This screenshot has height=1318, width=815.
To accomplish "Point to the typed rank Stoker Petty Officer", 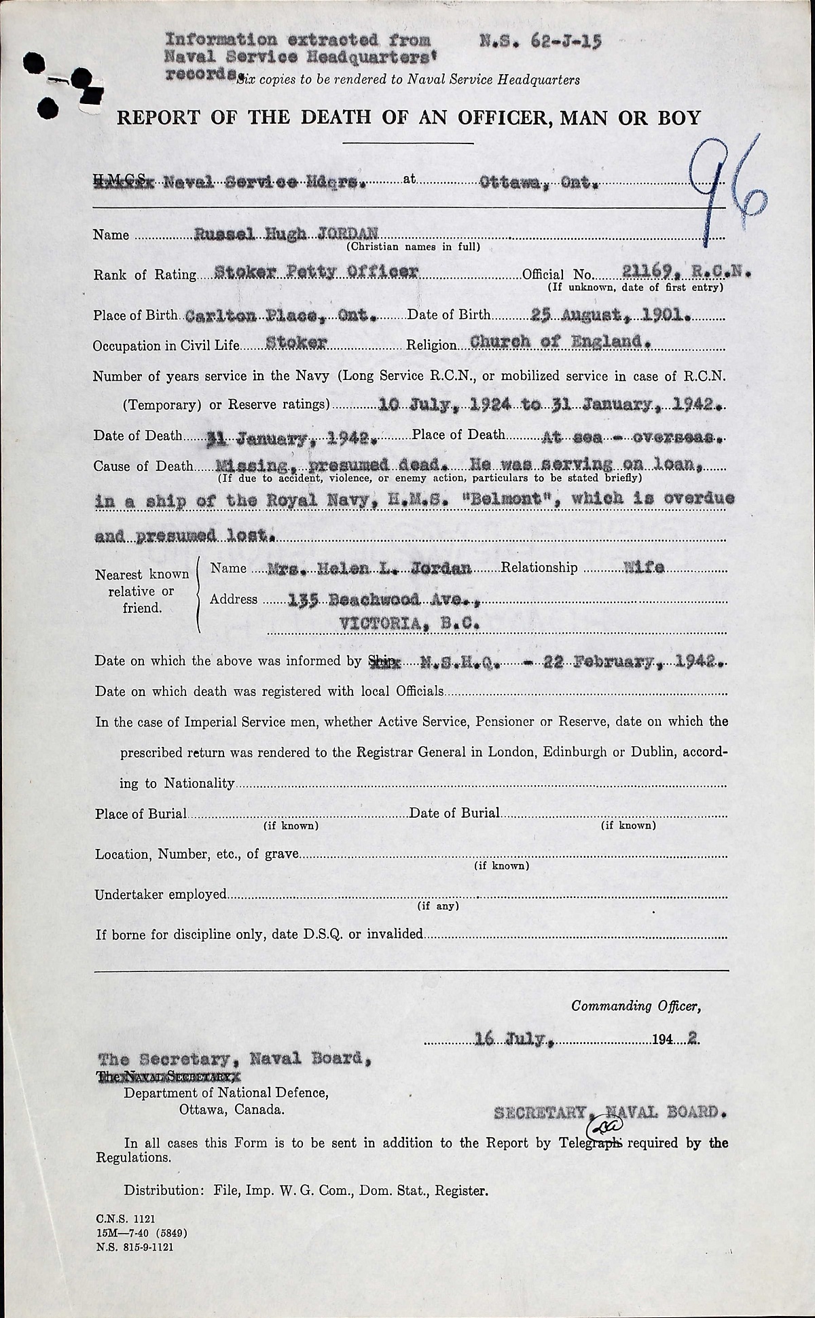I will [316, 273].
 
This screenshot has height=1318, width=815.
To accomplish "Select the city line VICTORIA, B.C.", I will [409, 622].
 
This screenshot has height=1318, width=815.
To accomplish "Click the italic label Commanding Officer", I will [636, 1006].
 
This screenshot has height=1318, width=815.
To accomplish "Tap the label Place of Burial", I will [141, 814].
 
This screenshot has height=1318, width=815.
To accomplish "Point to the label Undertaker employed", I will [161, 895].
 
